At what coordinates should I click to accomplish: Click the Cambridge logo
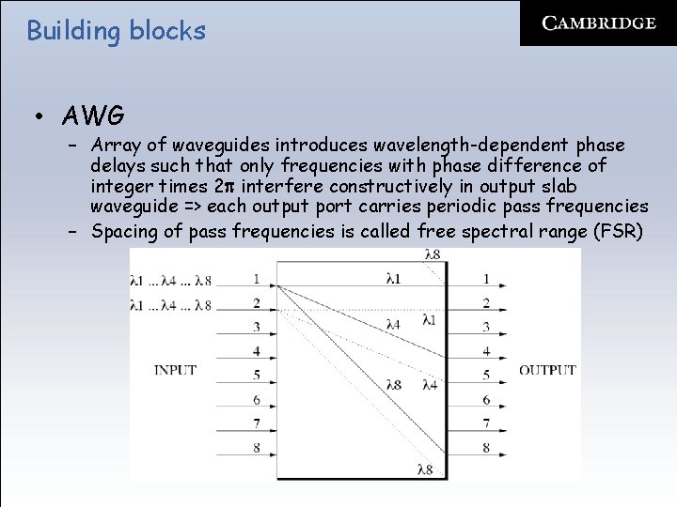(x=599, y=23)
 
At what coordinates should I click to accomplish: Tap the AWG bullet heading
(x=93, y=116)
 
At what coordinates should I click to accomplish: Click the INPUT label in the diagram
(x=175, y=370)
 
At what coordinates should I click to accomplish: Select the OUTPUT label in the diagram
(x=547, y=370)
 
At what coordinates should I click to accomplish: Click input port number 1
(x=257, y=279)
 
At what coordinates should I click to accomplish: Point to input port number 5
(x=257, y=376)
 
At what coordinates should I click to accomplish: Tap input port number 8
(x=257, y=448)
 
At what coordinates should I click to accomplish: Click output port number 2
(x=486, y=303)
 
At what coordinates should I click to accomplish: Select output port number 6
(x=486, y=400)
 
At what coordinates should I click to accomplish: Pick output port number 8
(x=486, y=448)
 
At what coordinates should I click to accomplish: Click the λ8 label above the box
(x=433, y=254)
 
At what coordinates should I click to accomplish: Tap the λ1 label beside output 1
(x=392, y=279)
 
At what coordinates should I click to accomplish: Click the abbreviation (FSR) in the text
(x=617, y=231)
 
